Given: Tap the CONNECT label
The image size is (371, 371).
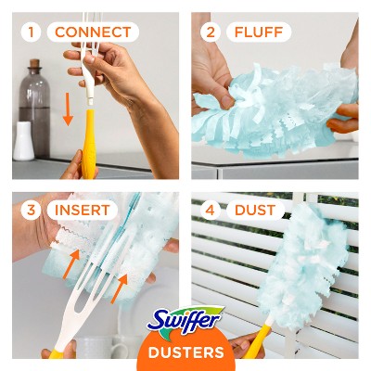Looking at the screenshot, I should pos(92,32).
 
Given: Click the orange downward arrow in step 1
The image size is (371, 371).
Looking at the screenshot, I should pos(67,109).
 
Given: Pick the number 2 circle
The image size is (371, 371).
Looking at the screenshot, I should pos(211,32).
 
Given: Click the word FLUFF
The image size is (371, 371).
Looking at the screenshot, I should pos(259,32).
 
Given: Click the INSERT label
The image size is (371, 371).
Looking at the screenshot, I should pos(82,211).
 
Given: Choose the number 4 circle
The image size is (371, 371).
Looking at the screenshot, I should pos(211,211).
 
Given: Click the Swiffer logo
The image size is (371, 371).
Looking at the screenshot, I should pos(185,320).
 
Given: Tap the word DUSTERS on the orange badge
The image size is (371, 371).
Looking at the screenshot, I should pos(185,352).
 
